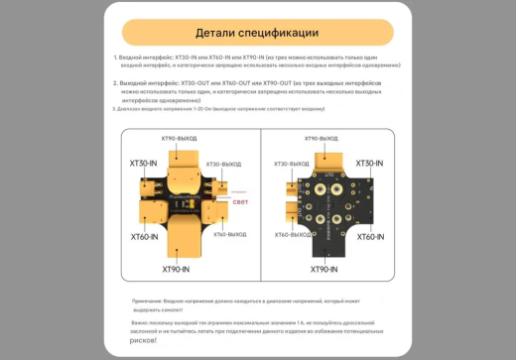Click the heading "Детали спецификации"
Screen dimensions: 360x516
coord(257,33)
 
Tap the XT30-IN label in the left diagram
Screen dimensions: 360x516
coord(145,163)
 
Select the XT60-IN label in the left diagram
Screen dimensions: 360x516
coord(145,237)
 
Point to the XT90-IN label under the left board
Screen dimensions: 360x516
coord(177,269)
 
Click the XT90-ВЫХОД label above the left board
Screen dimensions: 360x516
coord(180,139)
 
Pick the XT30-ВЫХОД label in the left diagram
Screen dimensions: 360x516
coord(223,164)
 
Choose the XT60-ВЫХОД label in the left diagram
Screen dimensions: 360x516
coord(223,235)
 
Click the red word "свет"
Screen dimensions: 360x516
coord(240,201)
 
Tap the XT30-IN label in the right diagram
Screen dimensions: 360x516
coord(370,163)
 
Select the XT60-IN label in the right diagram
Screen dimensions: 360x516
coord(370,237)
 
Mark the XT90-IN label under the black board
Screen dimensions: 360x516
coord(324,269)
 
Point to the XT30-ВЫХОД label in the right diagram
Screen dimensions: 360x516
coord(292,164)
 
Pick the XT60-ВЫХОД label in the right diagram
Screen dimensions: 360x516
coord(292,235)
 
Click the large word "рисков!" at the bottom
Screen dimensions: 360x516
coord(143,340)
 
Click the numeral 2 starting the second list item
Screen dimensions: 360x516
coord(115,83)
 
